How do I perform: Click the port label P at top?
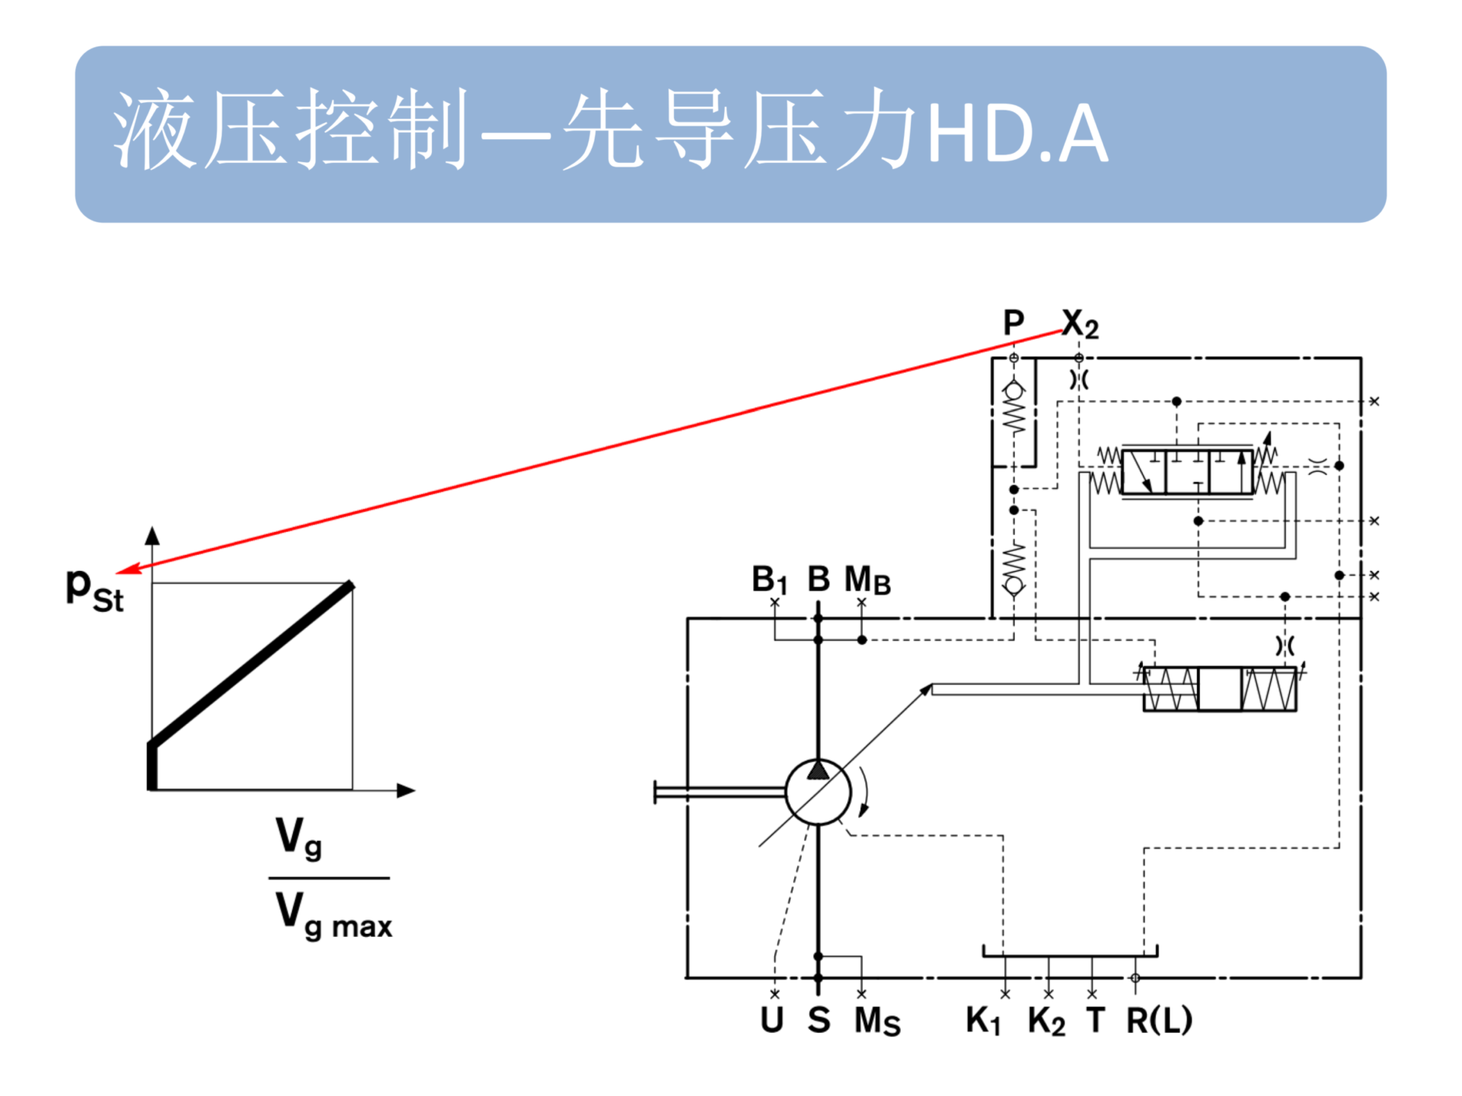click(1013, 323)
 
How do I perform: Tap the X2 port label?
click(1080, 324)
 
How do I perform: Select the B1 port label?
click(769, 580)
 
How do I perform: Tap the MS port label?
click(877, 1021)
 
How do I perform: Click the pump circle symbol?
click(819, 792)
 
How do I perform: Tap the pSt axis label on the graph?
click(94, 590)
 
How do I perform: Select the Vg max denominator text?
click(334, 916)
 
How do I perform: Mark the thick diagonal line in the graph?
click(251, 663)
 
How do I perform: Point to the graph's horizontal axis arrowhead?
click(407, 791)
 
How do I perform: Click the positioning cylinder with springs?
click(1220, 689)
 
